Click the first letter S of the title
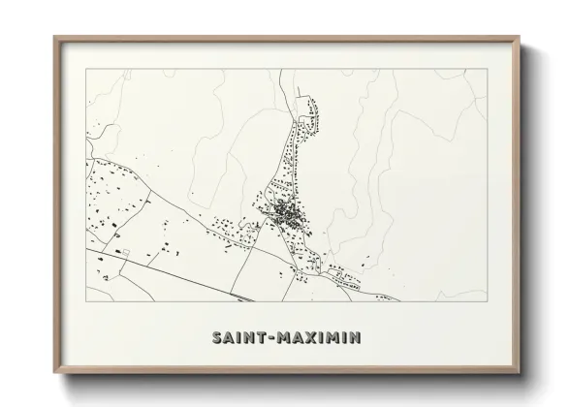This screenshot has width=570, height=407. pos(214,338)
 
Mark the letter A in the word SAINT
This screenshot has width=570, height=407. pos(226,338)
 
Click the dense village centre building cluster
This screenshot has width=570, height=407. pos(284,210)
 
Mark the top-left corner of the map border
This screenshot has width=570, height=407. pos(86,69)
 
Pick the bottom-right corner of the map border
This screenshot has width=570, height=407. pos(485,304)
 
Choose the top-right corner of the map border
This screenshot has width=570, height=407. pos(485,69)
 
